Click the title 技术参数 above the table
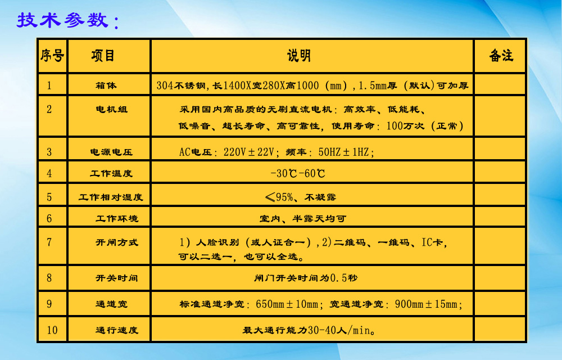point(63,20)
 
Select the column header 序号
point(52,56)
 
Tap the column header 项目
point(103,56)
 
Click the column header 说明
point(298,56)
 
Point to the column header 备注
point(501,56)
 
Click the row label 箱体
point(106,85)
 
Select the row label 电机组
point(111,109)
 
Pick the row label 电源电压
point(111,152)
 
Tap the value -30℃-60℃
point(298,174)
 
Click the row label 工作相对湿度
point(111,197)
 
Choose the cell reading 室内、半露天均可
point(303,218)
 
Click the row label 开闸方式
point(116,242)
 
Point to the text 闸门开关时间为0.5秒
point(306,278)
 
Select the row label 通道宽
point(111,304)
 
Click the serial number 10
point(52,330)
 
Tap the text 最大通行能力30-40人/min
point(309,330)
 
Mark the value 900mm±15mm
point(426,304)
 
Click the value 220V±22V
point(249,152)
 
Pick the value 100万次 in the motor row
point(405,126)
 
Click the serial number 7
point(49,242)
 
